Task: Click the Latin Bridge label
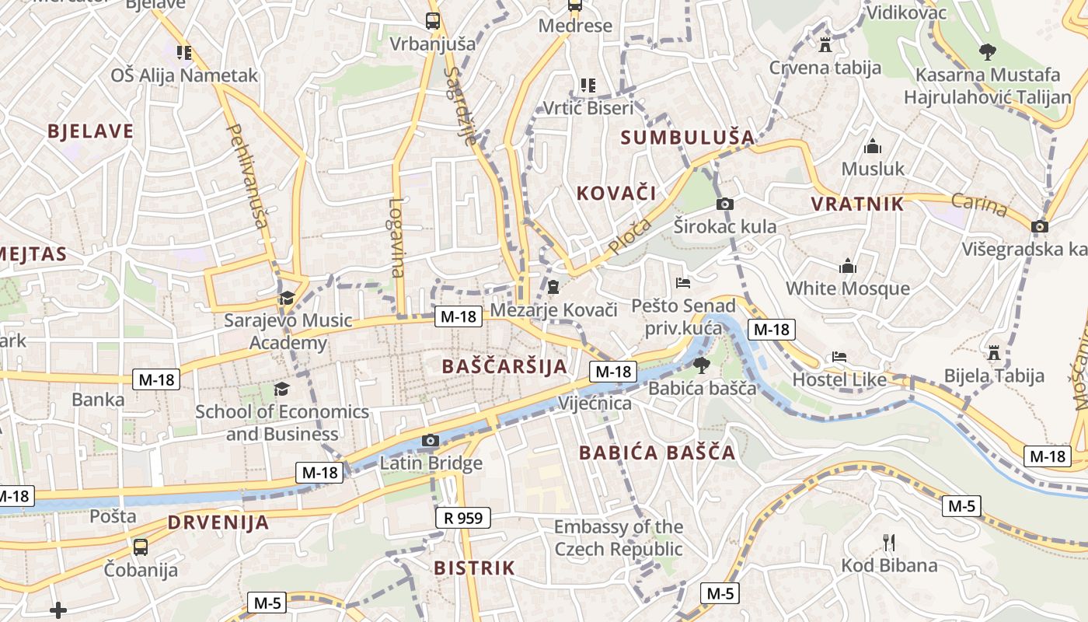[431, 464]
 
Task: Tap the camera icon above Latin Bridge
[430, 441]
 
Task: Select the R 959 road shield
[463, 517]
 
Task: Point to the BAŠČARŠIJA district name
[504, 366]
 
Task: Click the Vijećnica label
[595, 404]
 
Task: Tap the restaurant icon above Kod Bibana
[890, 542]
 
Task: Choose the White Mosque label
[847, 288]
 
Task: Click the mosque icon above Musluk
[873, 147]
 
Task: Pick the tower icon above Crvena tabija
[825, 44]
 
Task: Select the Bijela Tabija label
[994, 376]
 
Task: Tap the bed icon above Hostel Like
[839, 357]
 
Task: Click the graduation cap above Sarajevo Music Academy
[287, 298]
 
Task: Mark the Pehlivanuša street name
[248, 176]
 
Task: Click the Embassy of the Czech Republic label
[619, 538]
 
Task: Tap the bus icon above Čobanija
[141, 547]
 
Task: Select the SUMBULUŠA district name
[688, 138]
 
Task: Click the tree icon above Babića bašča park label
[701, 365]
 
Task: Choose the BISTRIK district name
[474, 568]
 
